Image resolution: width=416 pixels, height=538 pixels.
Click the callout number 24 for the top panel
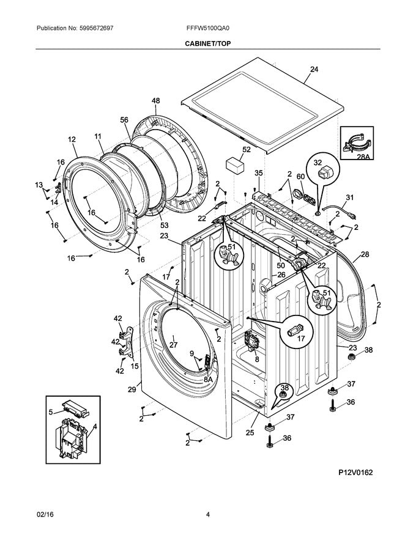pyautogui.click(x=314, y=70)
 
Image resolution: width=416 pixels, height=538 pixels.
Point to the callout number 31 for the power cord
pyautogui.click(x=350, y=197)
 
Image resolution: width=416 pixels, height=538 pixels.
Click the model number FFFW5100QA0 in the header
pyautogui.click(x=209, y=28)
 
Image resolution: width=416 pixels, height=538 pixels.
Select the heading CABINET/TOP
pyautogui.click(x=209, y=43)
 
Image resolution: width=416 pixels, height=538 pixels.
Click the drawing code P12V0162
pyautogui.click(x=355, y=473)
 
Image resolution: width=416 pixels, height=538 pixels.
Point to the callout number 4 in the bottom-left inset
pyautogui.click(x=94, y=426)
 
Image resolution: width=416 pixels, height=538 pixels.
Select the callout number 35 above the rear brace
pyautogui.click(x=259, y=173)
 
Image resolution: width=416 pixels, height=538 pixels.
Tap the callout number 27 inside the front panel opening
pyautogui.click(x=173, y=344)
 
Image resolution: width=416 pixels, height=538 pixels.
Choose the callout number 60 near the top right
pyautogui.click(x=300, y=177)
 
